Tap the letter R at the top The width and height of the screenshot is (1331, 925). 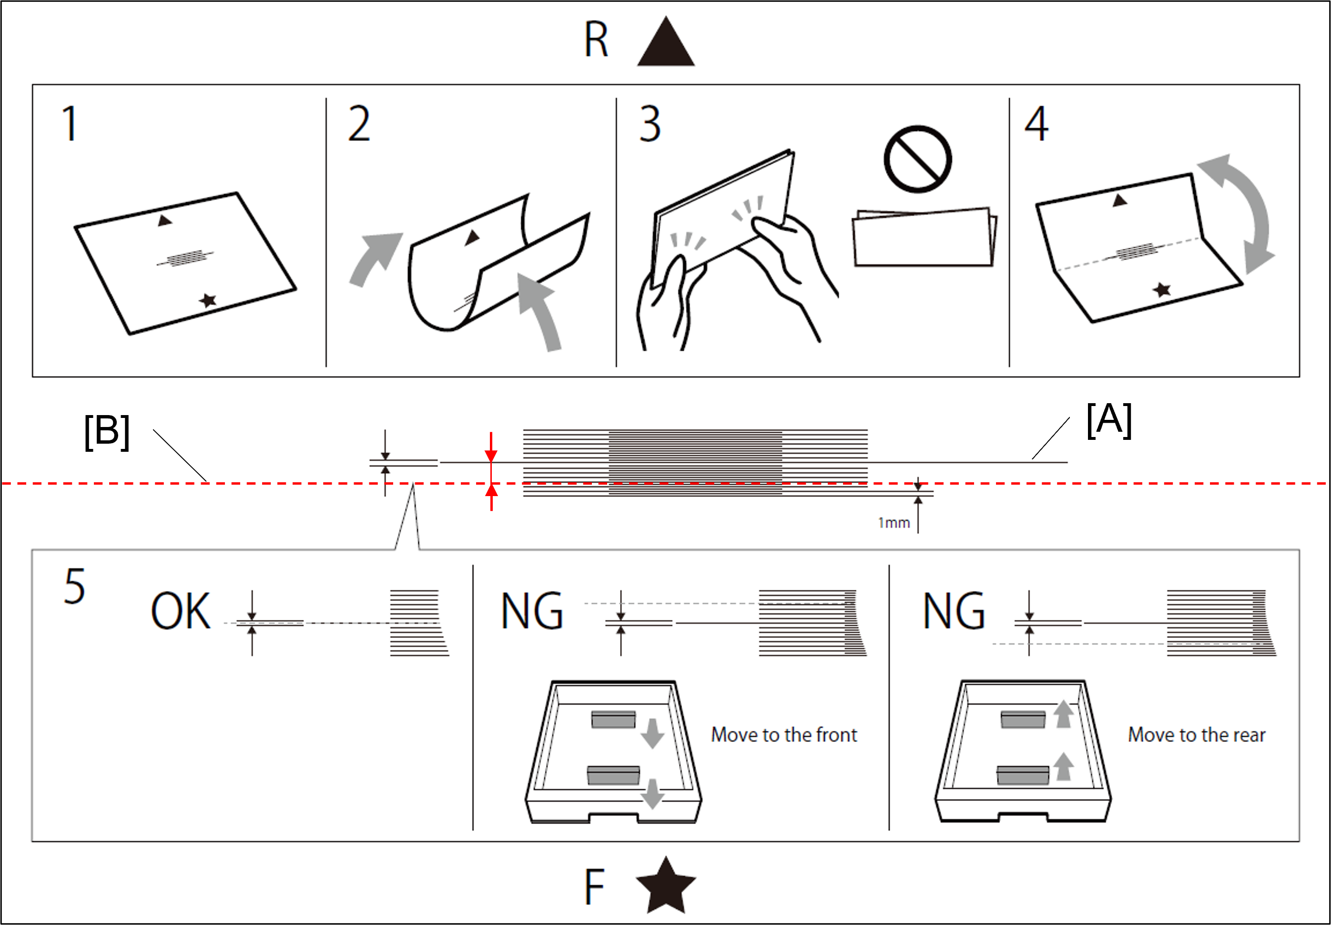point(596,40)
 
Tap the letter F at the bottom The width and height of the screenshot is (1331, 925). point(594,887)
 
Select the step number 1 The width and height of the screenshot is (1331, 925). point(70,123)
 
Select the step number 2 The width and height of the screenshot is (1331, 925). point(359,123)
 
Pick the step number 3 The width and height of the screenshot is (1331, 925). point(650,123)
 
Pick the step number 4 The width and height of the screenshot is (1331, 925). point(1036,123)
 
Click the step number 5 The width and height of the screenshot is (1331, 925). point(75,587)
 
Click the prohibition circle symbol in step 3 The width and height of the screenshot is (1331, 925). point(917,159)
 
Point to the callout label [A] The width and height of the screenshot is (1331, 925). point(1109,420)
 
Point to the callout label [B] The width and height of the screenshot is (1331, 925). point(107,432)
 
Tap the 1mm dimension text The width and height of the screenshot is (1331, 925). point(894,523)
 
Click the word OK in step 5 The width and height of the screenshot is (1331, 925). point(180,611)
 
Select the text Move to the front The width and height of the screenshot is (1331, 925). point(784,735)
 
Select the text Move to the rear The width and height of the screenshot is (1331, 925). point(1197,735)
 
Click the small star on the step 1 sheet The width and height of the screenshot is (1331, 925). point(207,300)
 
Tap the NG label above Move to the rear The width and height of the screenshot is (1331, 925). point(954,611)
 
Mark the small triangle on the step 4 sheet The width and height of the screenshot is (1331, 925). point(1119,201)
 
